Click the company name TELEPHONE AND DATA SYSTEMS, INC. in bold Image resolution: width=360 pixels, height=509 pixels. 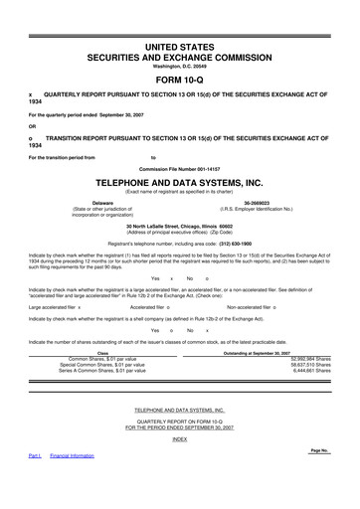pyautogui.click(x=179, y=184)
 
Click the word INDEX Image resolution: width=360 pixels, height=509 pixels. pyautogui.click(x=179, y=438)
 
